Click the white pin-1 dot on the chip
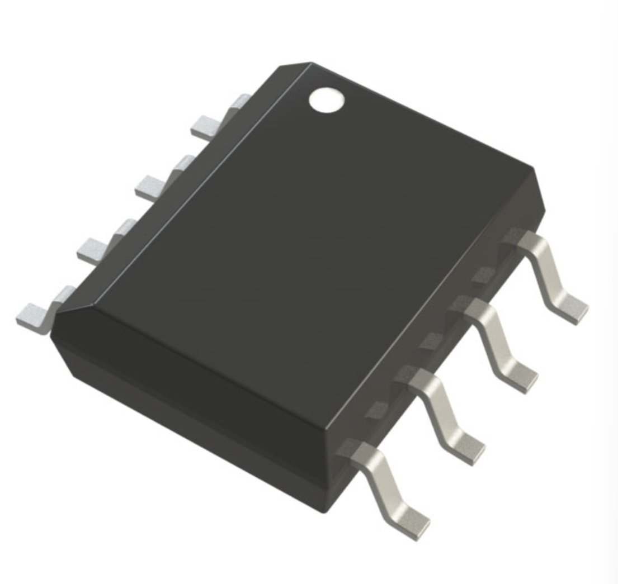tap(327, 99)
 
